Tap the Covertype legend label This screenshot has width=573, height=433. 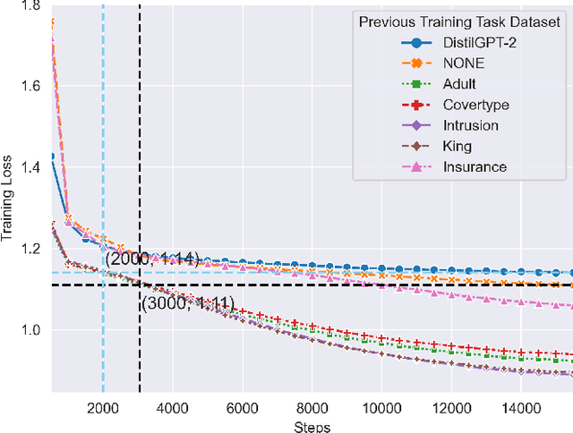coord(468,104)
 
